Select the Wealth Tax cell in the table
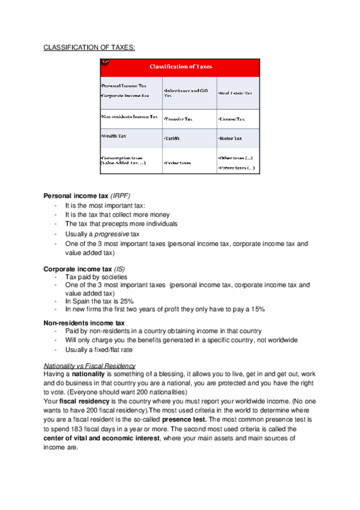click(114, 137)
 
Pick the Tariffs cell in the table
click(172, 138)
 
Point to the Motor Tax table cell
click(230, 138)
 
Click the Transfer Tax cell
click(178, 119)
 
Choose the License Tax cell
click(231, 119)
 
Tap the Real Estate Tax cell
click(236, 93)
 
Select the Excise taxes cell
click(177, 162)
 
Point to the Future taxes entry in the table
click(236, 168)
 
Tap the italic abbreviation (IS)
click(118, 268)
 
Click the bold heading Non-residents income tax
click(84, 323)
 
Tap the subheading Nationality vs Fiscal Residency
click(90, 366)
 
